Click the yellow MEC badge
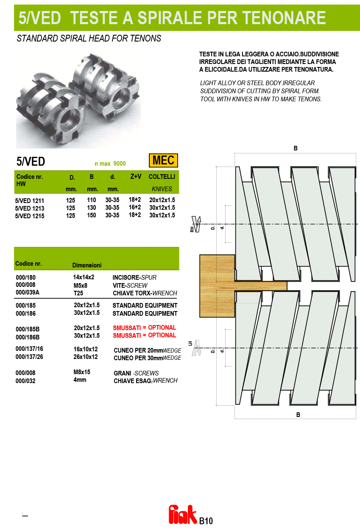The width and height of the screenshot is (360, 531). point(163,161)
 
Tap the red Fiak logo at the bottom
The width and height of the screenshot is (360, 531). point(183,514)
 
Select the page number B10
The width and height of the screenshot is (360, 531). point(206,521)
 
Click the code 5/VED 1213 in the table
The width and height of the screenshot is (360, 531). point(30,209)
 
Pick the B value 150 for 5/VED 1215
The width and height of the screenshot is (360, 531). point(92,215)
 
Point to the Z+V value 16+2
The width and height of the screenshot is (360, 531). point(135,207)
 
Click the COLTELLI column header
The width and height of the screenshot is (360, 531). point(162,177)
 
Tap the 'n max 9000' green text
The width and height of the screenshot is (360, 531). point(110,164)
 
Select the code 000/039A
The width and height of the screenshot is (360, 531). point(28,292)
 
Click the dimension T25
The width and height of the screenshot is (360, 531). point(78,293)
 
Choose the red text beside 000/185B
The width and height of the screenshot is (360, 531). point(145,328)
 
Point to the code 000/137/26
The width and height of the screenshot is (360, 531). point(29,357)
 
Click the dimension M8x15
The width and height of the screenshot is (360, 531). point(82,372)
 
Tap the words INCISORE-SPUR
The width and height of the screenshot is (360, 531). point(134,277)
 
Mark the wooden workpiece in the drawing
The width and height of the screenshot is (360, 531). point(217,286)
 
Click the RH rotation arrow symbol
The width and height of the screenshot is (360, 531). point(196,224)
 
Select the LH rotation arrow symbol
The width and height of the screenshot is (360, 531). point(197,348)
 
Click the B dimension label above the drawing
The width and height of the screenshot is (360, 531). point(296,148)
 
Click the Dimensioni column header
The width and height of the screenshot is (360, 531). point(87,265)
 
